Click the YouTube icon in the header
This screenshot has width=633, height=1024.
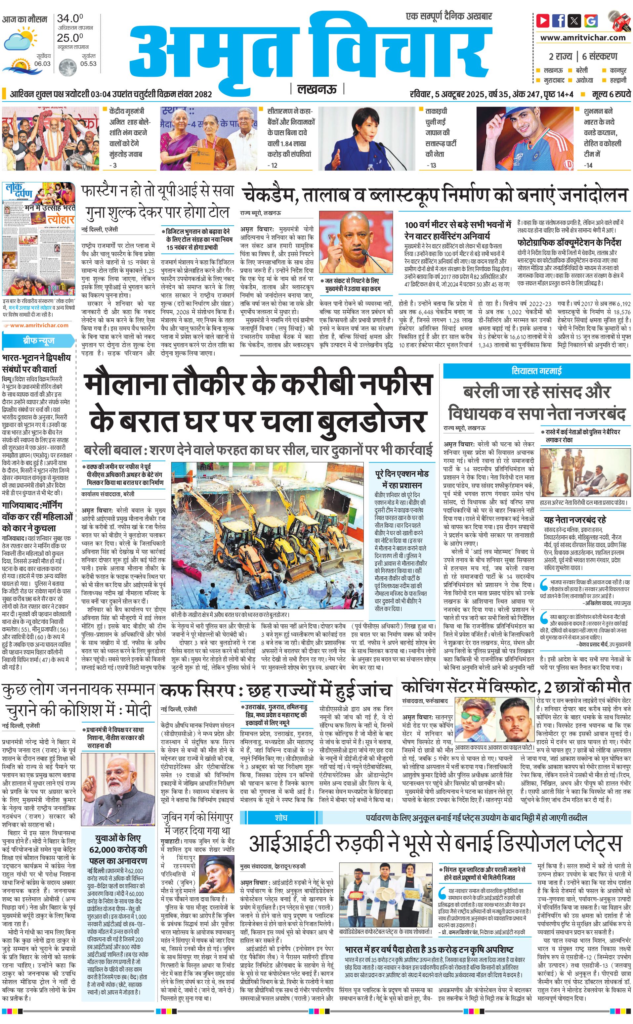point(543,21)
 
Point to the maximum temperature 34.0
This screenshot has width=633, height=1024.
point(70,19)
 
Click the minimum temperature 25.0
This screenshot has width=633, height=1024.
point(70,38)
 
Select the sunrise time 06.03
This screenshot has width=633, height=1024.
point(42,64)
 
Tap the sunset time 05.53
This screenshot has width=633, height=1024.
point(88,64)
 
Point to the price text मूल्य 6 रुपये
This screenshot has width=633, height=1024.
point(611,94)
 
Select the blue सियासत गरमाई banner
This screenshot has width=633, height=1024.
point(536,371)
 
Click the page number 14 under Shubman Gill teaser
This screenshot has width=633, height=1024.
point(589,165)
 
